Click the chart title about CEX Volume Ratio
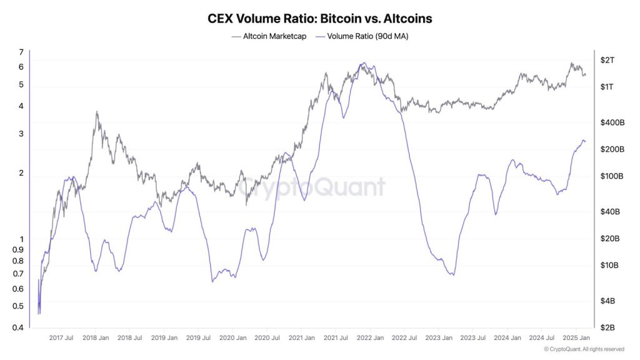point(319,19)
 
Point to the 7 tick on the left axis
point(21,52)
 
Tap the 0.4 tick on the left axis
point(19,327)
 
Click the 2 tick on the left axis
point(21,173)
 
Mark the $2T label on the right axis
point(607,60)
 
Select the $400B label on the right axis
point(612,122)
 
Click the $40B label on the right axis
point(609,212)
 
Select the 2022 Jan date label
point(369,338)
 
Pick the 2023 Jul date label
point(471,338)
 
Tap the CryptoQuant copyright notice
point(584,349)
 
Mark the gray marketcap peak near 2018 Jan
point(96,112)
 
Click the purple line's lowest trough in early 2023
point(452,274)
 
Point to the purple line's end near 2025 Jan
point(584,141)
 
